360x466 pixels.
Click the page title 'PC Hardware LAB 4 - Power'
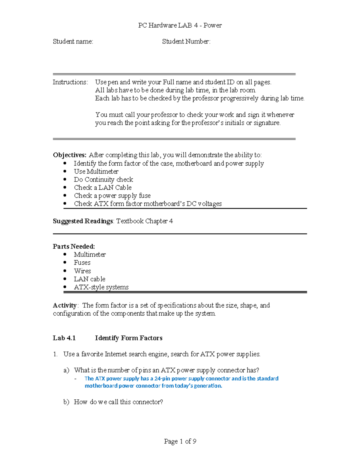pyautogui.click(x=180, y=26)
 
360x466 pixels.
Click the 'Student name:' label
pyautogui.click(x=73, y=41)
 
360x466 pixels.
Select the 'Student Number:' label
pyautogui.click(x=186, y=41)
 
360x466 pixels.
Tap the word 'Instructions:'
pyautogui.click(x=70, y=82)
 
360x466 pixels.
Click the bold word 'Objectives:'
pyautogui.click(x=70, y=155)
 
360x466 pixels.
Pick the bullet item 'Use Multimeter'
pyautogui.click(x=96, y=171)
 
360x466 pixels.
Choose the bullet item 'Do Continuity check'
pyautogui.click(x=103, y=179)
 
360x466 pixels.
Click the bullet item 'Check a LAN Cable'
pyautogui.click(x=103, y=188)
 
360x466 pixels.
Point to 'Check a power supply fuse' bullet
pyautogui.click(x=112, y=196)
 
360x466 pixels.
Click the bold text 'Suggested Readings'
pyautogui.click(x=83, y=221)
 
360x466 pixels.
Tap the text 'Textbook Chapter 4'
pyautogui.click(x=144, y=221)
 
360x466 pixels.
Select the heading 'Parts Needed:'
pyautogui.click(x=74, y=246)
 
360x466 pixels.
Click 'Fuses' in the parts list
pyautogui.click(x=82, y=263)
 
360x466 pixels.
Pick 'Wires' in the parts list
pyautogui.click(x=82, y=271)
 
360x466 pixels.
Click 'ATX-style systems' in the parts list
pyautogui.click(x=101, y=287)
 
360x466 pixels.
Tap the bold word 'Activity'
pyautogui.click(x=65, y=305)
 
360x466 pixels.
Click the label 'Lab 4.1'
pyautogui.click(x=64, y=338)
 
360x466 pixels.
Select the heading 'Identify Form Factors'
pyautogui.click(x=128, y=338)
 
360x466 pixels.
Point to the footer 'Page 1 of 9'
pyautogui.click(x=180, y=441)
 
